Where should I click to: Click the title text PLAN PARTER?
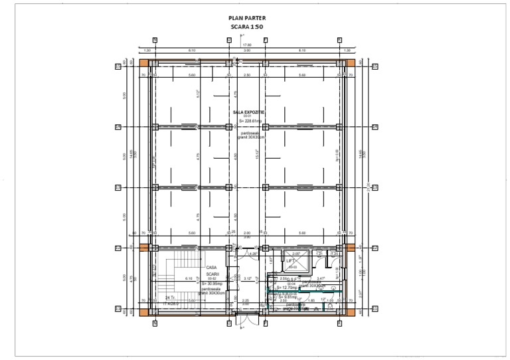click(246, 19)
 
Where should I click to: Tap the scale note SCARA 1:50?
click(246, 27)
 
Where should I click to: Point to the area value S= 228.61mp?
click(250, 121)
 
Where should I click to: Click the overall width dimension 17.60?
click(246, 45)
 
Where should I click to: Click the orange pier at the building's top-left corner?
click(143, 62)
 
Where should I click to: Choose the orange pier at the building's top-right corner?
click(350, 62)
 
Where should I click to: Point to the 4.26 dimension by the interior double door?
click(252, 254)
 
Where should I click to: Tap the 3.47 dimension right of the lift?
click(321, 278)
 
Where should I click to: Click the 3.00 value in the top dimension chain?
click(246, 50)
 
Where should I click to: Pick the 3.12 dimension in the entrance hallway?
click(247, 278)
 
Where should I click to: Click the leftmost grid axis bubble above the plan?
click(155, 40)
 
